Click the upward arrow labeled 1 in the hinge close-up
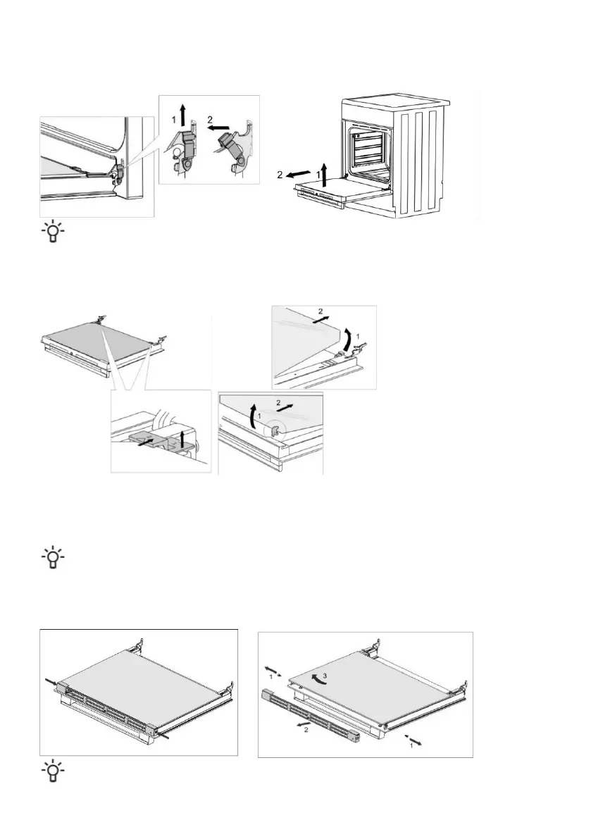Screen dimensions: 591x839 tap(182, 113)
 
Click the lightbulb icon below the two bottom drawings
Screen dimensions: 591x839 tap(51, 772)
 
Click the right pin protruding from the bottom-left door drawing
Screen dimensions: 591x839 tap(168, 735)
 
